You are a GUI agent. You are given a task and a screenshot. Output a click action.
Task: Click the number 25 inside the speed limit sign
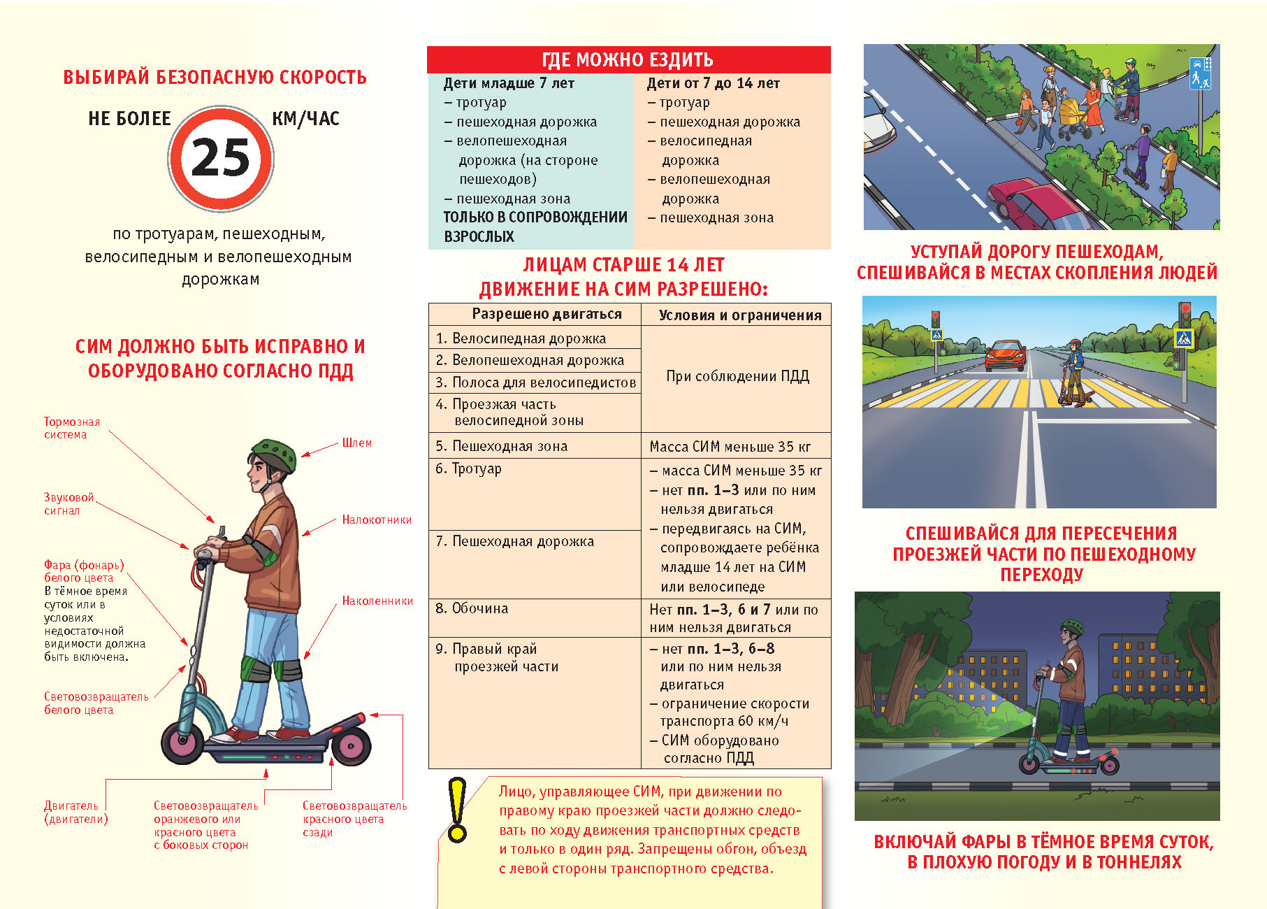(220, 158)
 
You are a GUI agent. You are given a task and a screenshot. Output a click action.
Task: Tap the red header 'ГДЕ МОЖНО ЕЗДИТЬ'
(628, 60)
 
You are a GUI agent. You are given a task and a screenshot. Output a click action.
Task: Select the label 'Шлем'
(356, 443)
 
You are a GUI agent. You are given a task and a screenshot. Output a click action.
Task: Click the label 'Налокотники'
(377, 520)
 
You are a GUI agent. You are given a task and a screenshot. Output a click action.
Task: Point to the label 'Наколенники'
(377, 601)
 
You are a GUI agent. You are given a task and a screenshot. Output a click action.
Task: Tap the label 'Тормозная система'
(71, 428)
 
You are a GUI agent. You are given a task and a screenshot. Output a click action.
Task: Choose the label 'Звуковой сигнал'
(68, 503)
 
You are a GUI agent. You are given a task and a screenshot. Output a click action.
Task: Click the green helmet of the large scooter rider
(275, 453)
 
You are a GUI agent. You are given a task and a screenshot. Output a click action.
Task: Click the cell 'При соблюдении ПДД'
(737, 376)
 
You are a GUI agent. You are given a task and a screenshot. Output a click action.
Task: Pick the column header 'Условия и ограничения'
(739, 315)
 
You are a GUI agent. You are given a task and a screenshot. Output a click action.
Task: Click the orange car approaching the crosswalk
(1004, 355)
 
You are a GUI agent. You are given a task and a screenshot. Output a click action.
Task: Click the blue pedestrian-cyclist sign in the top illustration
(1200, 73)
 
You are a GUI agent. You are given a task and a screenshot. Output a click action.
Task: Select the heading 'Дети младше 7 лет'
(509, 83)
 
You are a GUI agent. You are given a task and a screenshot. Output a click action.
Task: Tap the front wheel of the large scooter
(183, 741)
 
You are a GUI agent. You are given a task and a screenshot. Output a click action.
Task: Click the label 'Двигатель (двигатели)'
(75, 813)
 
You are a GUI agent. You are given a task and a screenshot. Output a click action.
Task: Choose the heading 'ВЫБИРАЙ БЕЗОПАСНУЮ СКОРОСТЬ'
(215, 77)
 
